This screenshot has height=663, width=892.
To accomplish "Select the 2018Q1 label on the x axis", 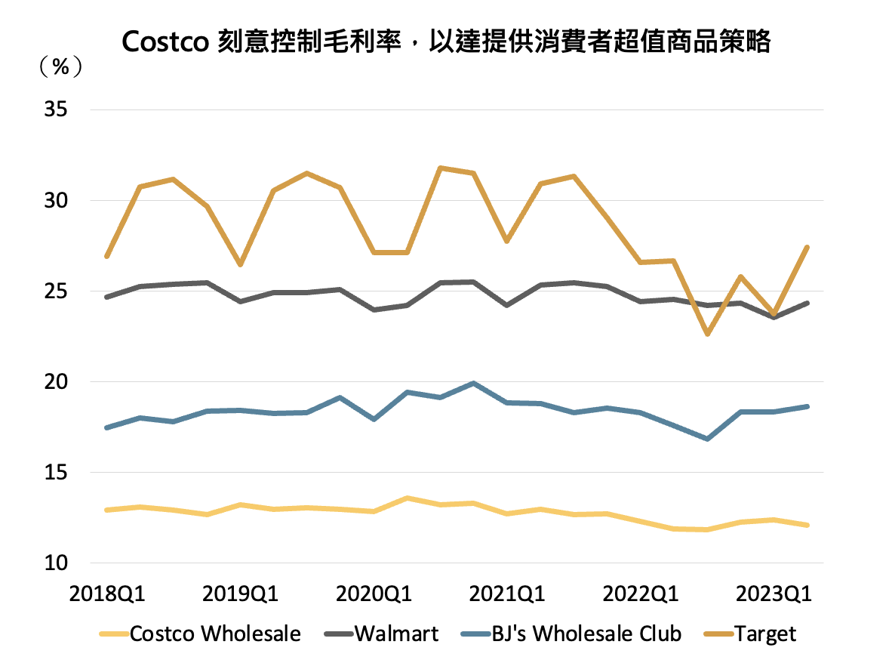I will [108, 594].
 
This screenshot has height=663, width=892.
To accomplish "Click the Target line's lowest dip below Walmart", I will [707, 334].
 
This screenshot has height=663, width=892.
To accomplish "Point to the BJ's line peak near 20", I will [473, 384].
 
